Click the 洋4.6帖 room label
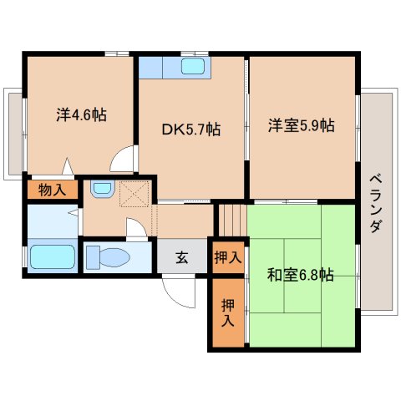81,114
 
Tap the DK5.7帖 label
191,129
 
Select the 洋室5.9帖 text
302,125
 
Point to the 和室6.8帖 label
300,275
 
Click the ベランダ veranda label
376,203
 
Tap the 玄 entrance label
182,257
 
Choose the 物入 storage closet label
53,190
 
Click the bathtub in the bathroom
53,256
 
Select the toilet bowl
108,257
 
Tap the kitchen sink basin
193,67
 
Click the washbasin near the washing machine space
103,189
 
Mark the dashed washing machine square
134,194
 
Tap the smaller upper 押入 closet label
228,257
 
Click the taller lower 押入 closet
228,313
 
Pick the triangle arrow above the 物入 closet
68,166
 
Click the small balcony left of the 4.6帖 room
13,134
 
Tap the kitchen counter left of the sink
150,67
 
